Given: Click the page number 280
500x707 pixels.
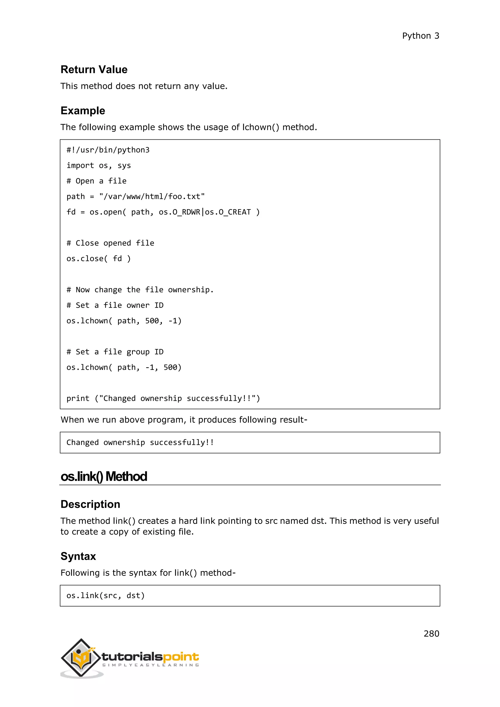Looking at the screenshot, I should tap(431, 634).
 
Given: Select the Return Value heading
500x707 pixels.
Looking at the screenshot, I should tap(94, 70).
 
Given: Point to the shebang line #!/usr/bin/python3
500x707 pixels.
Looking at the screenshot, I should tap(108, 150).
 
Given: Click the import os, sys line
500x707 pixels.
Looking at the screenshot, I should tap(99, 166).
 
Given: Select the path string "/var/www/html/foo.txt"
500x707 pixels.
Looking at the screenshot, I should tap(152, 197).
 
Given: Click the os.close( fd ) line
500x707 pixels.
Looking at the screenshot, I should tap(99, 259).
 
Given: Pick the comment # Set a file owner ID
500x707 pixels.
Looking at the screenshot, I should tap(115, 305).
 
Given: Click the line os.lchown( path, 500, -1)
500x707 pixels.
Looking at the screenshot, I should tap(124, 321).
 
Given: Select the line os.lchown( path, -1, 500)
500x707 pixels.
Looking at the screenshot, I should tap(124, 367).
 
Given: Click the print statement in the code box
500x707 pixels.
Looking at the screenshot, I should tap(163, 398).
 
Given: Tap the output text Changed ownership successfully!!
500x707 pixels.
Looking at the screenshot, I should tap(140, 443).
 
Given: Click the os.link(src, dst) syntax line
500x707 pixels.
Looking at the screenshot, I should tap(105, 595).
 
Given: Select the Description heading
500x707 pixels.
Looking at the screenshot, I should tap(90, 504).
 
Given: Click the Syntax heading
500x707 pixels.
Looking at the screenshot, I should tap(78, 556).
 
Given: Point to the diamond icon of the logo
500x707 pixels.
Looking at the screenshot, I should tap(81, 657).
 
